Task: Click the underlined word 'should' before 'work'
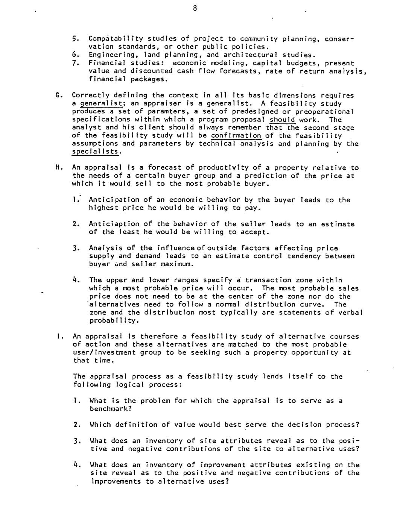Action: click(283, 120)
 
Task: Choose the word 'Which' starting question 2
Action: click(100, 425)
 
